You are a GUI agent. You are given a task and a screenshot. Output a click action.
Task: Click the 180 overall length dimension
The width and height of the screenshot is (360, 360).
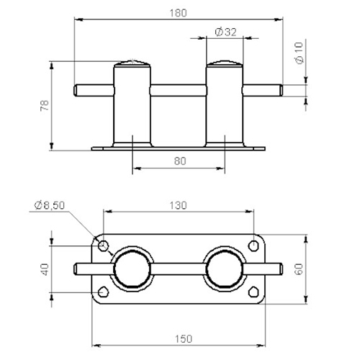[x=178, y=13]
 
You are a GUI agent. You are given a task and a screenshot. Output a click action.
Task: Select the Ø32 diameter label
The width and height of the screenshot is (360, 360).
[x=225, y=32]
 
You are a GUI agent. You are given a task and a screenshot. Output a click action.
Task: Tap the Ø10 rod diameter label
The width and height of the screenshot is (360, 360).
[x=299, y=53]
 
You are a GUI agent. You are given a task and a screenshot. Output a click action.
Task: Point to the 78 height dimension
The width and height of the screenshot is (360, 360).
[x=45, y=105]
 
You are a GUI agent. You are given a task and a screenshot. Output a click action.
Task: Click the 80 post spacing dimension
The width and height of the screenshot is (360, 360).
[x=180, y=161]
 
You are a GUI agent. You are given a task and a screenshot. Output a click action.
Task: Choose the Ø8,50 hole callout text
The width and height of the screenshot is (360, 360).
[x=50, y=205]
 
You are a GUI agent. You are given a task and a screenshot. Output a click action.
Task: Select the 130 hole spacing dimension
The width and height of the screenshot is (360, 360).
[x=178, y=205]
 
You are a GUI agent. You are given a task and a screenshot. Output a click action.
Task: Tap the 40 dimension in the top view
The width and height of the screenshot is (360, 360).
[x=45, y=269]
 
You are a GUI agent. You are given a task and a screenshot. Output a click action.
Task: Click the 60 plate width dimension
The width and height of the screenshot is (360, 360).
[x=299, y=269]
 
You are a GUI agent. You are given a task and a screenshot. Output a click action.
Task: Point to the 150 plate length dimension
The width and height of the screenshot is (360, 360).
[x=184, y=339]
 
